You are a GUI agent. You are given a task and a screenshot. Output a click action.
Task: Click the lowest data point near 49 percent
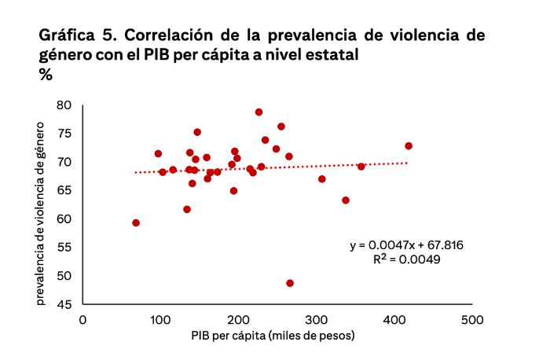coord(290,283)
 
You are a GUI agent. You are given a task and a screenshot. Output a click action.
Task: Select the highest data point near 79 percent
coord(258,112)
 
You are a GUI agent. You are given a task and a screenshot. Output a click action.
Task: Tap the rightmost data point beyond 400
coord(409,146)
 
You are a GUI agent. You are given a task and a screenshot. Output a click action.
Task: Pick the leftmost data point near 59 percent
coord(136,223)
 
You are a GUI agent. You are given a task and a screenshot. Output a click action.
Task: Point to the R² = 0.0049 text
coord(401,259)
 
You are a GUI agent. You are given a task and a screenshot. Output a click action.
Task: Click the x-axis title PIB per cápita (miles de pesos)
coord(273,336)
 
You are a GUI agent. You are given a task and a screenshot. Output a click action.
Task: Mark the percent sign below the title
coord(45,74)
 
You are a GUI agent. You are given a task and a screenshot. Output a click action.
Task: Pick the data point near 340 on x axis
coord(346,200)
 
